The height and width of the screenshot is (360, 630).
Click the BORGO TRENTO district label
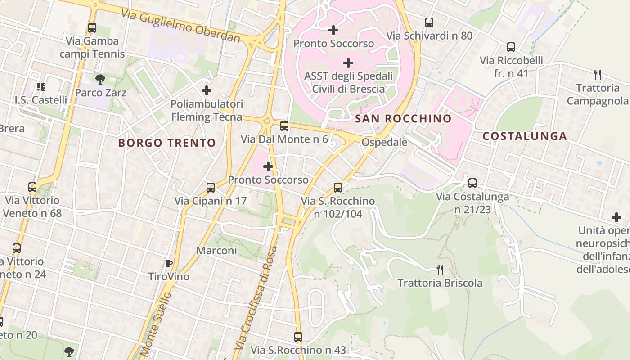pos(167,143)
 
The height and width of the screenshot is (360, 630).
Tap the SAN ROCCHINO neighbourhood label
pos(403,119)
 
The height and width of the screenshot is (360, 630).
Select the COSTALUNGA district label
pos(524,136)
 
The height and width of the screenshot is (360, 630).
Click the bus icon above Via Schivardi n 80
pos(429,22)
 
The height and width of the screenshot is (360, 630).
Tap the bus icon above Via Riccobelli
pos(511,47)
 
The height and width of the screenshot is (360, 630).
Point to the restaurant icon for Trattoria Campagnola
pos(598,74)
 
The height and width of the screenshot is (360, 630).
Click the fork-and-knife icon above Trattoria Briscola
pos(440,270)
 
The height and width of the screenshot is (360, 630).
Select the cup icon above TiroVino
pos(169,263)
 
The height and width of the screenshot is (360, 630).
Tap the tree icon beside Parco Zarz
pos(100,80)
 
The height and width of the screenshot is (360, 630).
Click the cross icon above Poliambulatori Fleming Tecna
pos(207,90)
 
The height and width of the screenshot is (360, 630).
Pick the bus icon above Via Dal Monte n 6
pos(284,126)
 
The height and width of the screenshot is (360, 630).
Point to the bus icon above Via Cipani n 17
pos(211,188)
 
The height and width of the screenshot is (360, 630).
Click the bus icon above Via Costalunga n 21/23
pos(472,183)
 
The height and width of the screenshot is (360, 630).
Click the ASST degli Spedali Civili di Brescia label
pos(348,82)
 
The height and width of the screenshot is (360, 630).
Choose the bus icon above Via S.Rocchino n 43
pos(298,337)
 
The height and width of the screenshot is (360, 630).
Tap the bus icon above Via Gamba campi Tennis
pos(92,28)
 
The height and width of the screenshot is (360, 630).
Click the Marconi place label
pos(217,251)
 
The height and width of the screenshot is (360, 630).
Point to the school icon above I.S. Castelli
pos(41,86)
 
